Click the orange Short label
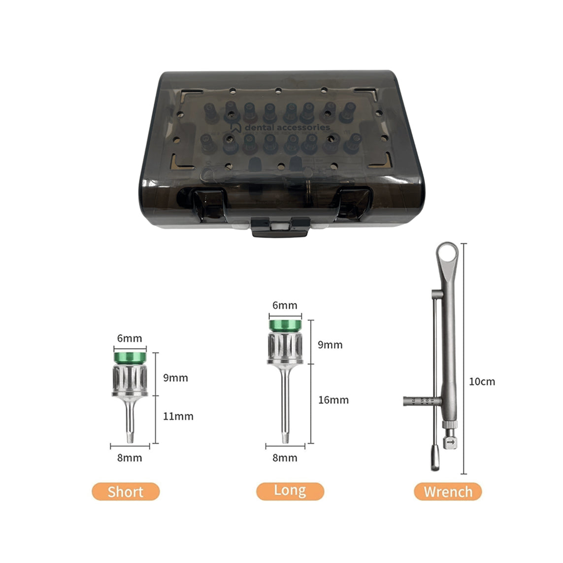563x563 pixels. coord(126,492)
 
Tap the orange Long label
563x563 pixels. coord(290,491)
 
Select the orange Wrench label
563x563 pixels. coord(448,492)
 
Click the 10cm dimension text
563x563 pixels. coord(482,381)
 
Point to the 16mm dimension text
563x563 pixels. coord(333,399)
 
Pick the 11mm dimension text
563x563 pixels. coord(178,416)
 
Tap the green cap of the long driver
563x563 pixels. coord(285,325)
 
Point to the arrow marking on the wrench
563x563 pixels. coord(451,442)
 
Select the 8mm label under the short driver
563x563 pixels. coord(130,458)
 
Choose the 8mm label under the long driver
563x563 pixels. coord(285,458)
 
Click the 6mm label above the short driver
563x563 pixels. coord(130,338)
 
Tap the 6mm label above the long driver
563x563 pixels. coord(285,305)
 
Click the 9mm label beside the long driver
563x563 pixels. coord(330,344)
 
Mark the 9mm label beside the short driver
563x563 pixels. coord(175,378)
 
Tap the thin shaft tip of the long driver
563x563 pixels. coord(285,436)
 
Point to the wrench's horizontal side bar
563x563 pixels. coord(419,401)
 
